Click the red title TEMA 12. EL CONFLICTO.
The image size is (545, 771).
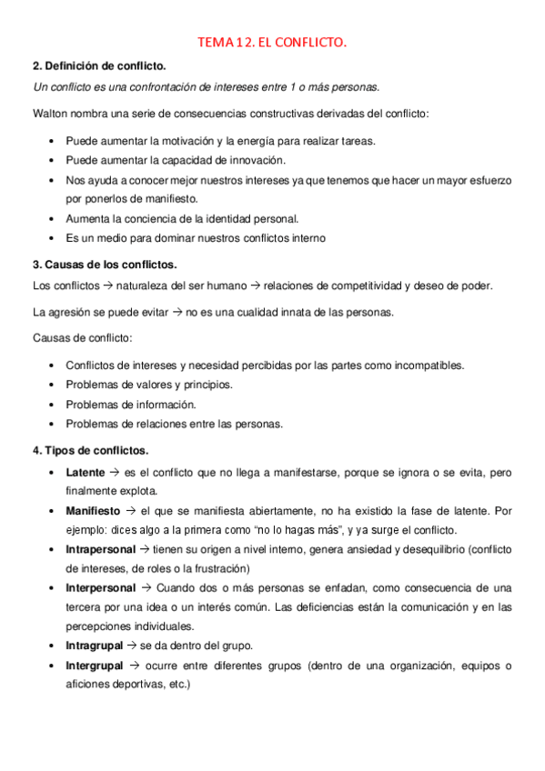(x=273, y=42)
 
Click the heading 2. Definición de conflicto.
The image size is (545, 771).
(x=99, y=65)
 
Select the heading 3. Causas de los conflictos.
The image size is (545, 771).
(x=105, y=264)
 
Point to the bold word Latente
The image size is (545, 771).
(x=86, y=474)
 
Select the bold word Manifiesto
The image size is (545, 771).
(x=93, y=511)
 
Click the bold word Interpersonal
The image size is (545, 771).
(x=101, y=588)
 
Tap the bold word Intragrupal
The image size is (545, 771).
(x=95, y=646)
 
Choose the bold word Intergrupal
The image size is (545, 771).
(x=95, y=666)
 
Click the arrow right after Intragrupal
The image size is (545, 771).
(x=133, y=646)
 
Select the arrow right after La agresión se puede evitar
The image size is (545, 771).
(x=178, y=312)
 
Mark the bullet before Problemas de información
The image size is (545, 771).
(x=48, y=405)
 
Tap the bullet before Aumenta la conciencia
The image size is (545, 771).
(x=48, y=219)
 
